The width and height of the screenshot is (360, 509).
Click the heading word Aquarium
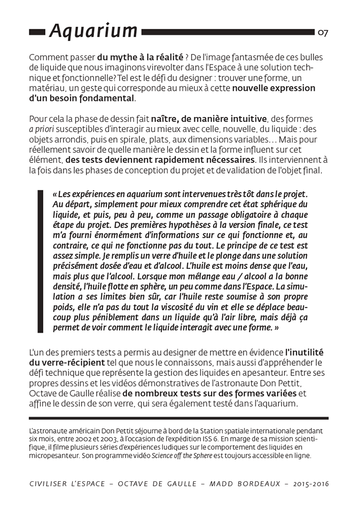click(x=93, y=32)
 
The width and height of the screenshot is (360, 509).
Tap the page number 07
click(x=323, y=33)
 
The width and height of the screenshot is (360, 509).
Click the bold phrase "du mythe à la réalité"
click(x=140, y=57)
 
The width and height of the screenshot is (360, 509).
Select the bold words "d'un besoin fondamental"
click(x=82, y=98)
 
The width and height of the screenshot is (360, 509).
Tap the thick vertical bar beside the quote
click(x=40, y=261)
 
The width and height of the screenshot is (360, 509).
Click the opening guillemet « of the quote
click(x=56, y=194)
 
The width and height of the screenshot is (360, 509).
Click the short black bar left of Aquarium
click(x=37, y=33)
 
